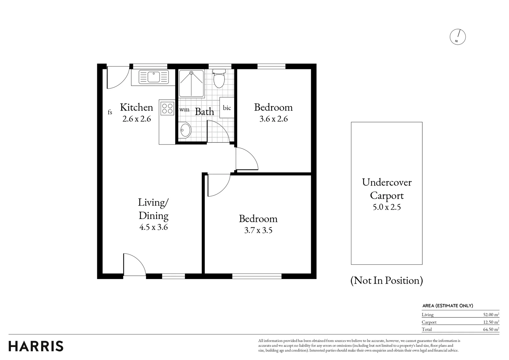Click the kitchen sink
click(x=154, y=77)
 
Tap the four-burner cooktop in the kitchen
click(x=168, y=108)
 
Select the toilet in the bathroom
click(x=219, y=78)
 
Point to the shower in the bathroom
click(x=191, y=83)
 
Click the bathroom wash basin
click(x=185, y=130)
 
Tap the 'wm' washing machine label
click(x=184, y=110)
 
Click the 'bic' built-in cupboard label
click(x=227, y=108)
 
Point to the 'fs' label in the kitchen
click(x=110, y=112)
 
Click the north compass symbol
click(x=458, y=37)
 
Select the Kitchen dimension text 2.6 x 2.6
click(x=137, y=119)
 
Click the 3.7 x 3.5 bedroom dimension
click(x=258, y=230)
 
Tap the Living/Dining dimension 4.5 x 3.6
click(x=154, y=227)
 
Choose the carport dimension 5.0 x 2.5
click(x=387, y=207)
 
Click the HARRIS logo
click(x=36, y=346)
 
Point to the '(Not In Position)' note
click(x=387, y=280)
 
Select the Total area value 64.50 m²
click(x=491, y=329)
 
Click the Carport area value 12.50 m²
click(x=491, y=322)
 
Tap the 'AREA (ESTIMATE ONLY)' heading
click(x=448, y=306)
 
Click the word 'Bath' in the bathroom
click(x=205, y=112)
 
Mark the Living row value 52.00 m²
click(x=491, y=315)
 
